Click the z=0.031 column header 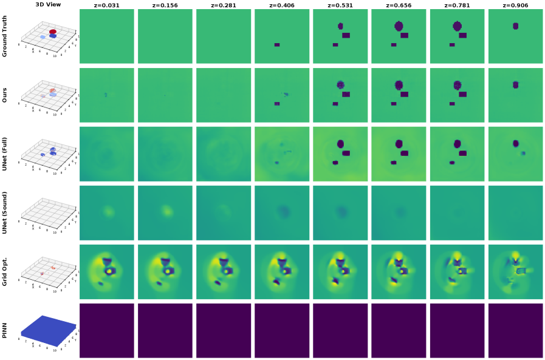point(106,5)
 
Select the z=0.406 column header point(281,5)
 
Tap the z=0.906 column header point(515,5)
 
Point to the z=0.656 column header point(399,5)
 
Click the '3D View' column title point(48,5)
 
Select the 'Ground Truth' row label point(5,36)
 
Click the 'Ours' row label point(5,95)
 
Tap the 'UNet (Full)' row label point(5,154)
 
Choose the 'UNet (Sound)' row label point(5,212)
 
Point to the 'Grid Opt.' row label point(5,270)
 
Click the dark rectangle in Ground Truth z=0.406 point(277,45)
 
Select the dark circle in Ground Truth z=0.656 point(399,26)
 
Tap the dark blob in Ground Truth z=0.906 point(516,26)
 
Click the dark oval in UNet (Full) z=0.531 point(340,144)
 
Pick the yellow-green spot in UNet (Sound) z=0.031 point(109,211)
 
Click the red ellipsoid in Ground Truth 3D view point(53,31)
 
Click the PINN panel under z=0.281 point(223,330)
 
